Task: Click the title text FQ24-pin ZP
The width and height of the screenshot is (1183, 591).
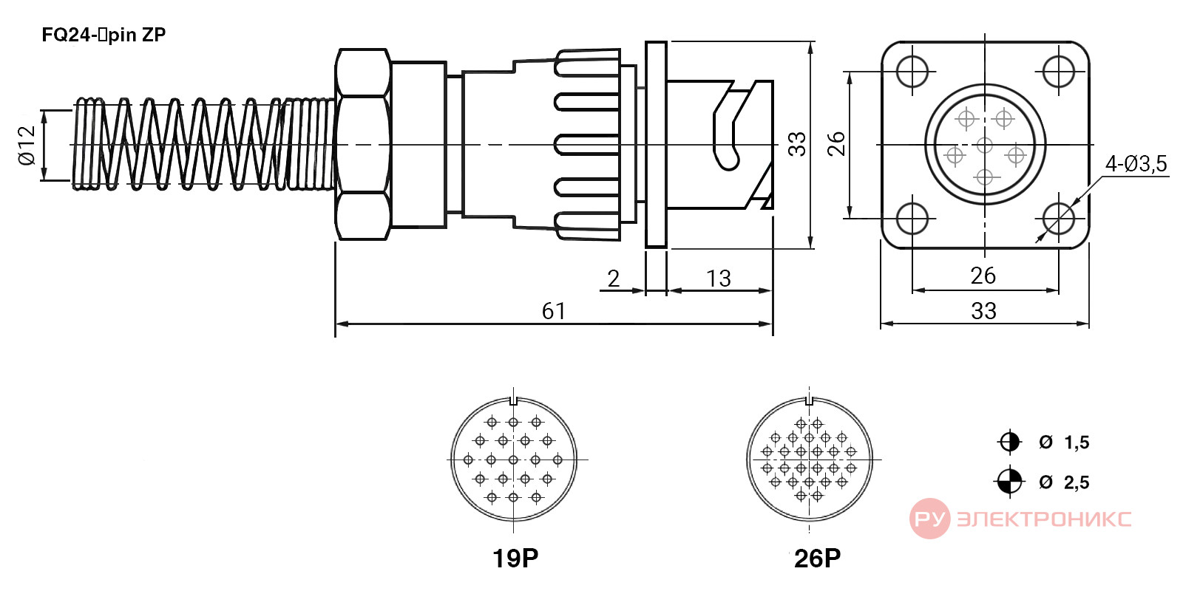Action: tap(104, 35)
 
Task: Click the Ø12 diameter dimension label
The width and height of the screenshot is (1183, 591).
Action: tap(27, 145)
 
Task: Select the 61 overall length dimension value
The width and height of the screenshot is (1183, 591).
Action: tap(554, 311)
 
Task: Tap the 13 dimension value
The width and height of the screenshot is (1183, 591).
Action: tap(718, 278)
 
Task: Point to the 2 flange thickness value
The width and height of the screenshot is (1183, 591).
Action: tap(613, 278)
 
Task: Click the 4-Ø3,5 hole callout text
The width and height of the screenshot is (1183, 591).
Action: tap(1136, 164)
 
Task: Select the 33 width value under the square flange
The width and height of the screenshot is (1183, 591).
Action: tap(983, 311)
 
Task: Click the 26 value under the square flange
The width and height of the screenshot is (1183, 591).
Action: tap(983, 276)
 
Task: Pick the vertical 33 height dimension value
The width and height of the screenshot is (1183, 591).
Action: tap(797, 144)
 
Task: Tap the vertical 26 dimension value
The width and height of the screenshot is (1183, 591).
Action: tap(836, 144)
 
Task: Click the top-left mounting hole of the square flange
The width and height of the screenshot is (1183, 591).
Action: tap(912, 71)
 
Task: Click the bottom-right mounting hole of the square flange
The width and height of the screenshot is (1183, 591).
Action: tap(1059, 218)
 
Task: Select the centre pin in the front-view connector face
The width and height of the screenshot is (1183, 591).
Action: tap(984, 145)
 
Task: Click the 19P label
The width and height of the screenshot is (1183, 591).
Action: tap(515, 558)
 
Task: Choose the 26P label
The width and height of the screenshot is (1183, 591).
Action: tap(817, 558)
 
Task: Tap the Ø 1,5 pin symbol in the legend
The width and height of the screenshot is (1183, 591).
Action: tap(1009, 442)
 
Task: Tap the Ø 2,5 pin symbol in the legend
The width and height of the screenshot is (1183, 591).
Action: tap(1009, 481)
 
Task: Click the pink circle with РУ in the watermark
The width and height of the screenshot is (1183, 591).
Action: tap(929, 519)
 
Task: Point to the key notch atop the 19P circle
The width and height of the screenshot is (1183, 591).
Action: tap(513, 400)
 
